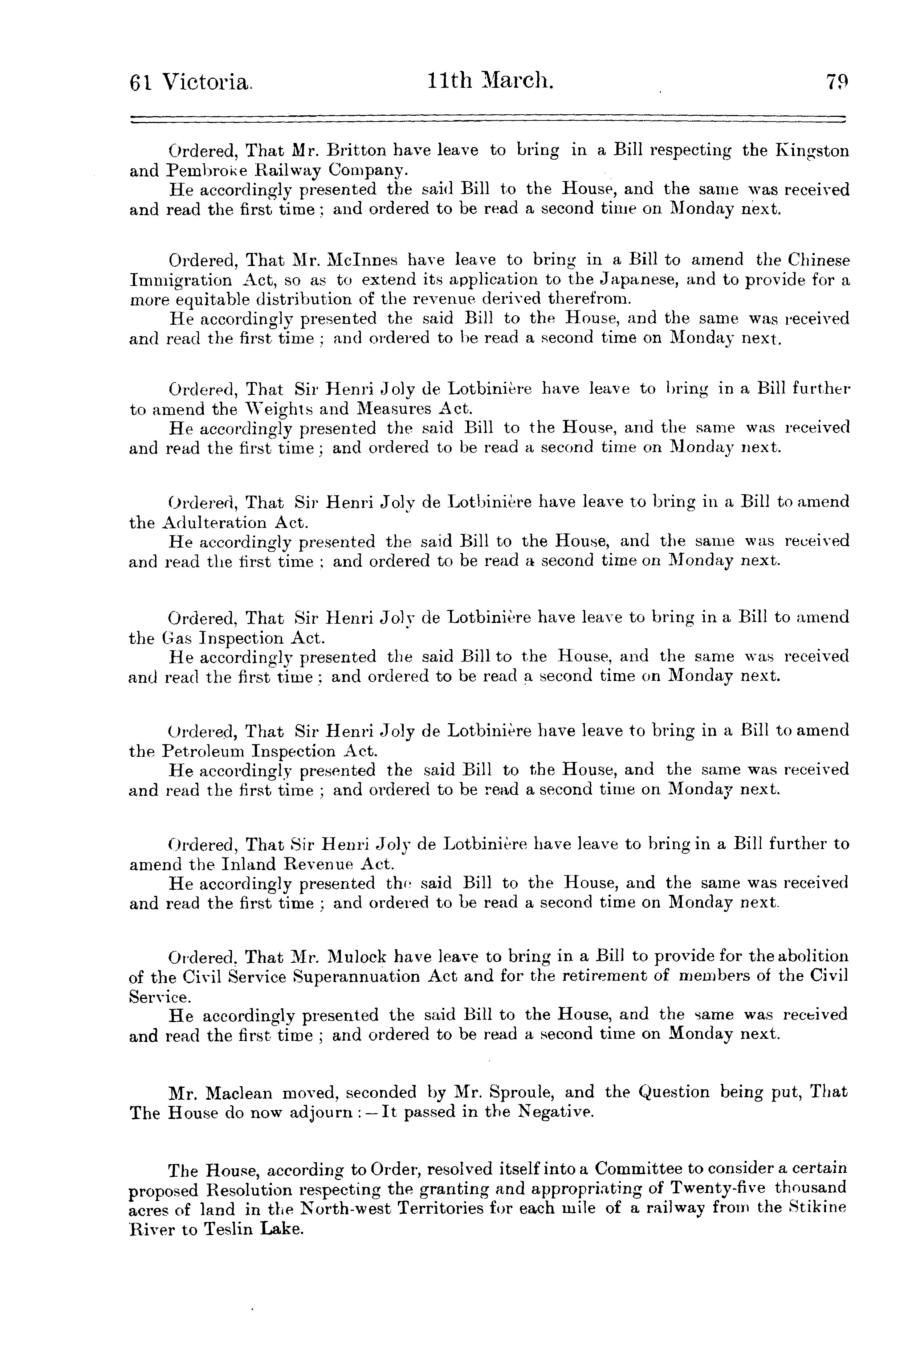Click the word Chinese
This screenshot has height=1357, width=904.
819,261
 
